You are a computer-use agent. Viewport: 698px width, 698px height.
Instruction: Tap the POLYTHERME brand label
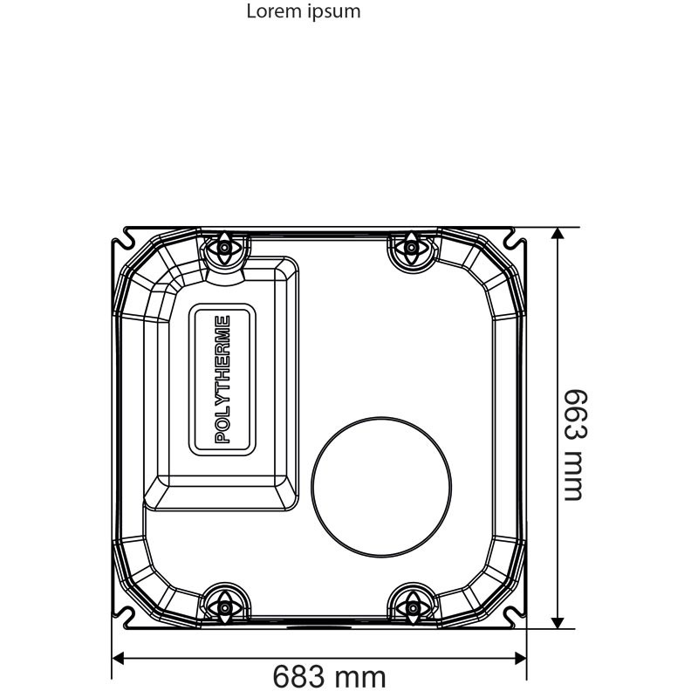[223, 380]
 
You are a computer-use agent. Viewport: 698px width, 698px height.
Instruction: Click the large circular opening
[381, 485]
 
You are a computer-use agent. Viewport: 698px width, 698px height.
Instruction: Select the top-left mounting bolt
[225, 248]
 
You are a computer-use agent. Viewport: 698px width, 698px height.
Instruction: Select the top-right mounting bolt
[408, 248]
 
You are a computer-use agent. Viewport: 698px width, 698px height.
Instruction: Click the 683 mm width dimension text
[329, 676]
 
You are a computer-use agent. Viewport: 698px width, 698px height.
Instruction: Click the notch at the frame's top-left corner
[128, 236]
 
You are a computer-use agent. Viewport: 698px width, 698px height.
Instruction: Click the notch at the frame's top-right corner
[513, 236]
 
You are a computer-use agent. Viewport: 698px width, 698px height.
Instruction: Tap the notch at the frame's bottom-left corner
[128, 616]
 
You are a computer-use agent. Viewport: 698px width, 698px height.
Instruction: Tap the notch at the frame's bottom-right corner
[513, 616]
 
